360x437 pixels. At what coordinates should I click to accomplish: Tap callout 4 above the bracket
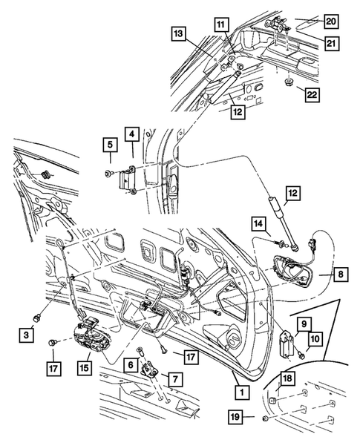(x=131, y=135)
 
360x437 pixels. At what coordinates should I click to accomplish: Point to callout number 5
(x=108, y=145)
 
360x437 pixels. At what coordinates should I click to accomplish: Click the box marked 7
(x=176, y=379)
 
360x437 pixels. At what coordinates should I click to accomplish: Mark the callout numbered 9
(x=303, y=323)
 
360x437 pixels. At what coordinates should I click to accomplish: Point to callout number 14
(x=258, y=223)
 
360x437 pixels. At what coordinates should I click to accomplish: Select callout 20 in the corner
(x=331, y=20)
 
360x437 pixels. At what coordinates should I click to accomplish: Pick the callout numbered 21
(x=331, y=43)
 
